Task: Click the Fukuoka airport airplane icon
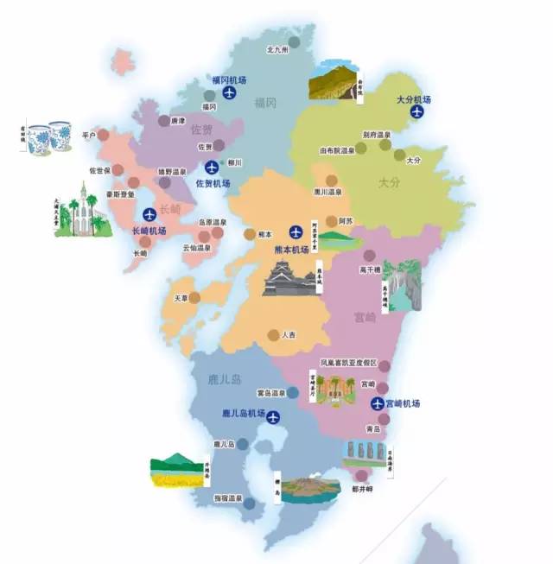pos(229,93)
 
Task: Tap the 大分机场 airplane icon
pos(419,113)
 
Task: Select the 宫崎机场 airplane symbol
pos(378,403)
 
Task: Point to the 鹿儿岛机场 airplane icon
pos(274,417)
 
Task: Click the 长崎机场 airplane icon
pos(149,212)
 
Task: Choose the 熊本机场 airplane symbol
pos(296,231)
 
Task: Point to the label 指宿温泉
pos(227,499)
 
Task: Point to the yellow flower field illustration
pos(177,472)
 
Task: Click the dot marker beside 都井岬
pos(360,475)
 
